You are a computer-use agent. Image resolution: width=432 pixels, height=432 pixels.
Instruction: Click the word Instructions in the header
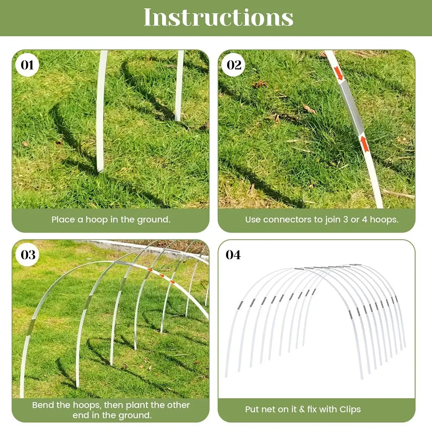(x=218, y=17)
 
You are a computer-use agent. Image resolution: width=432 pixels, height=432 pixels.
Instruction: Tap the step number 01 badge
(x=27, y=65)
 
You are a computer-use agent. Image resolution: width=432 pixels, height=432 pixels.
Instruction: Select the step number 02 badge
(x=234, y=65)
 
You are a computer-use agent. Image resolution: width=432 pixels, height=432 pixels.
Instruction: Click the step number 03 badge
(x=28, y=255)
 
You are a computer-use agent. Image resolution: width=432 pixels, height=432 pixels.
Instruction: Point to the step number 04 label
(x=233, y=255)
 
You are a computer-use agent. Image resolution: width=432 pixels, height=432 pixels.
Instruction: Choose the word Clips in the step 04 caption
(x=350, y=409)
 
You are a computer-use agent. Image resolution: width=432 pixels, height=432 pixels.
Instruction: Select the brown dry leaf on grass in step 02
(x=260, y=84)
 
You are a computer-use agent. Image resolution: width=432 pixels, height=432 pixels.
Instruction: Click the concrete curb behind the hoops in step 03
(x=130, y=248)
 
